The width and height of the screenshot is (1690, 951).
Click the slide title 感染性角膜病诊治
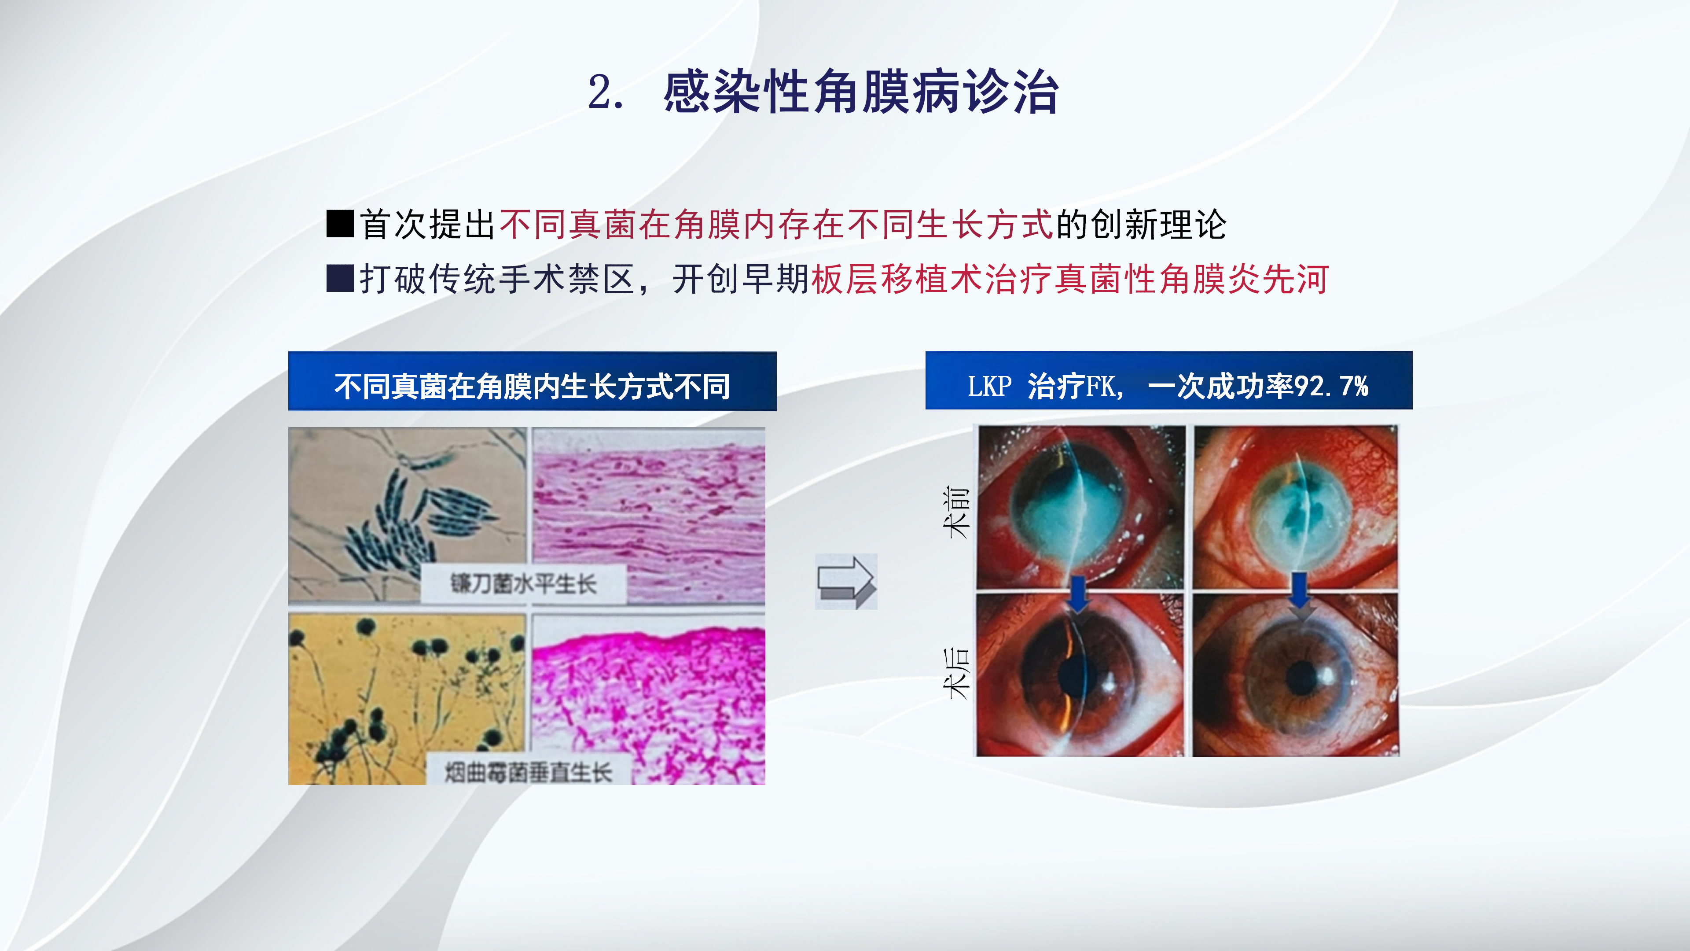861,92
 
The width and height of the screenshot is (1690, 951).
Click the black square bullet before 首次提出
340,224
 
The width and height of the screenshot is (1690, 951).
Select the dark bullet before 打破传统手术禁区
340,278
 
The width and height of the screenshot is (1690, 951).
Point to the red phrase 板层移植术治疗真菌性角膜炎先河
1070,279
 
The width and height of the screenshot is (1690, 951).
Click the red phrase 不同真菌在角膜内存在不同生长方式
776,225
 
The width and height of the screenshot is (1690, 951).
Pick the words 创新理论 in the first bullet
1158,225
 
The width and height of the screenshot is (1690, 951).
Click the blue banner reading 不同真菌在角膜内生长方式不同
532,381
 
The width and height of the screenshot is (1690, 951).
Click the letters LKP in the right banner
989,386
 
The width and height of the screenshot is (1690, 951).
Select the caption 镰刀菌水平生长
523,583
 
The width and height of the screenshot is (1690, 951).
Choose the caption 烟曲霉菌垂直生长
528,772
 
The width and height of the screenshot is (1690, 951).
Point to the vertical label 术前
956,512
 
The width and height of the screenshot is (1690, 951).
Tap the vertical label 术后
956,673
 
